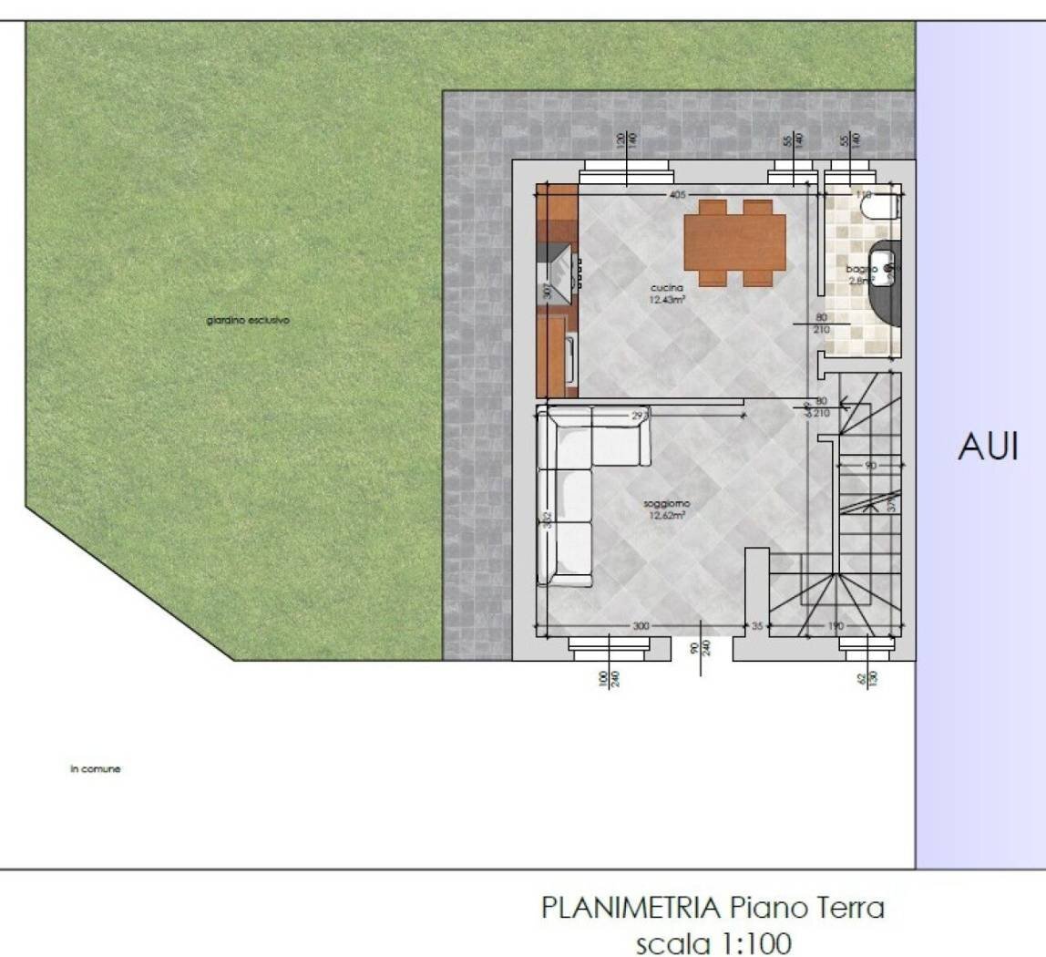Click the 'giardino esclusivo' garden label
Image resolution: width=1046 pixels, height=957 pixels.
click(248, 321)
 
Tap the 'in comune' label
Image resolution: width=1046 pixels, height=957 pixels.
click(96, 768)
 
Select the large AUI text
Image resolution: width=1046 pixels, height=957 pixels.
click(988, 448)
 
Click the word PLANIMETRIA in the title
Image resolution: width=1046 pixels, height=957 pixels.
click(631, 908)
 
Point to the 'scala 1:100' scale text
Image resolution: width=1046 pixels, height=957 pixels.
click(713, 942)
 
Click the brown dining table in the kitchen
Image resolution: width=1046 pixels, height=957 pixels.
click(734, 242)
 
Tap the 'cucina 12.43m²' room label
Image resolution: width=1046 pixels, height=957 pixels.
click(668, 293)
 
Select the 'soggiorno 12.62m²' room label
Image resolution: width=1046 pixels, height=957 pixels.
click(667, 509)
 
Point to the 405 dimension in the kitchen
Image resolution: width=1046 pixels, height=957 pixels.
click(676, 195)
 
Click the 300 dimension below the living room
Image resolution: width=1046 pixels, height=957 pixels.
click(641, 626)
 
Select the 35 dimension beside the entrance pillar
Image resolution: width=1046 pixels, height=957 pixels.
click(756, 626)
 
